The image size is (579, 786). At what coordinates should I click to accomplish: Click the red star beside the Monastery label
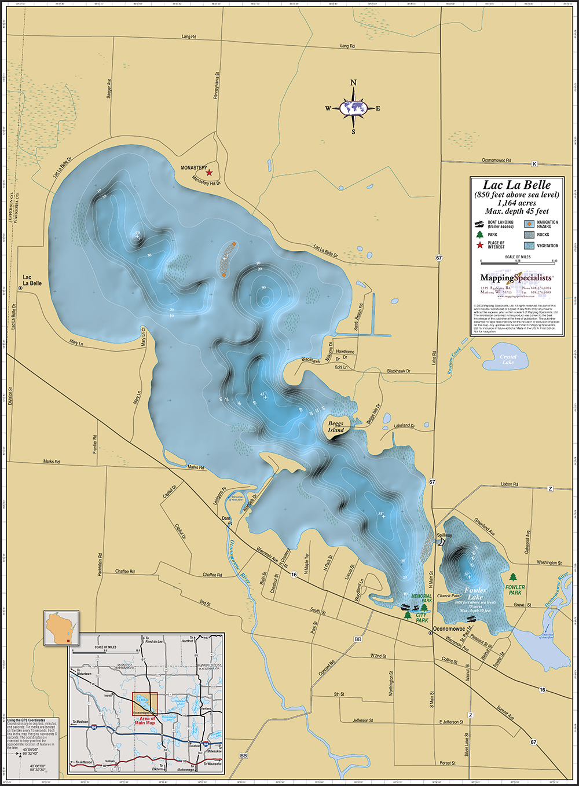tap(210, 173)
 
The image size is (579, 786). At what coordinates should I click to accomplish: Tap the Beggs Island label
tap(336, 427)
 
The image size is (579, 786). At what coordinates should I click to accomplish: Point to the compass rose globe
tap(354, 108)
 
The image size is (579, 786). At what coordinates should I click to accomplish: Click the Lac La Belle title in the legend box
tap(517, 185)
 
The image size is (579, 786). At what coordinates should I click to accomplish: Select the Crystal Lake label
tap(508, 359)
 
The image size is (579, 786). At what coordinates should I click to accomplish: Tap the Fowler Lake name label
tap(475, 594)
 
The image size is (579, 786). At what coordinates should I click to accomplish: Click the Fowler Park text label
tap(515, 590)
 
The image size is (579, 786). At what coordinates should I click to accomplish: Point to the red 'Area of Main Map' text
tap(147, 721)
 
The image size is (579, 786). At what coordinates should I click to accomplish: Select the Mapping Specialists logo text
tap(516, 277)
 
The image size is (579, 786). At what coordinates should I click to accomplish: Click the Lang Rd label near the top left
tap(189, 36)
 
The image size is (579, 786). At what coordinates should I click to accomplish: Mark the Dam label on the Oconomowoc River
tap(226, 518)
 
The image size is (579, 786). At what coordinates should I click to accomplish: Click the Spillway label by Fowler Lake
tap(444, 535)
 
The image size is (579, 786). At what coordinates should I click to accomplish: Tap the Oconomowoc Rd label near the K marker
tap(497, 160)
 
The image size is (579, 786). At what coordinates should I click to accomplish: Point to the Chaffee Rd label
tap(125, 571)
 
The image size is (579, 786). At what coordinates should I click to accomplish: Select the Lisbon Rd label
tap(510, 484)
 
